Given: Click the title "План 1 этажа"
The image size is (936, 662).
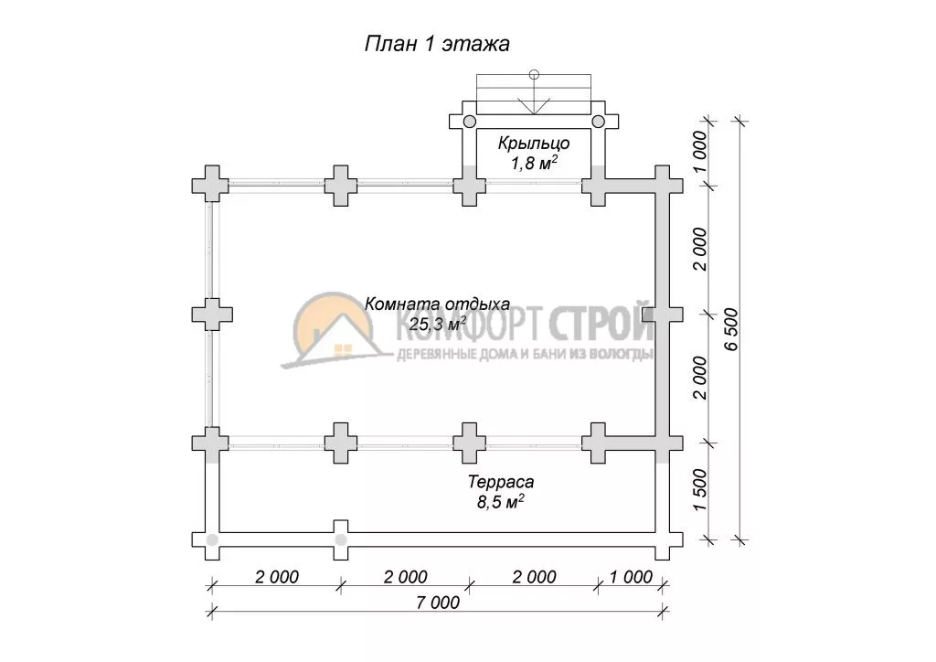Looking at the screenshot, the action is [437, 44].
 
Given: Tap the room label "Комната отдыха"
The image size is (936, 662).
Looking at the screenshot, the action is [437, 304].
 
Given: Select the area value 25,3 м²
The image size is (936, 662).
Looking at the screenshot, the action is [438, 324].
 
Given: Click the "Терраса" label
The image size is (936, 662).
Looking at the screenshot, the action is [501, 482].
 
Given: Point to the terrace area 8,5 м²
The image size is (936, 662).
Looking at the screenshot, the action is [500, 501].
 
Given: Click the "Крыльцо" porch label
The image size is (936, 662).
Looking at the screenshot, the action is [534, 144].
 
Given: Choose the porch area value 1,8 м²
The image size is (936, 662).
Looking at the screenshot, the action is [534, 163].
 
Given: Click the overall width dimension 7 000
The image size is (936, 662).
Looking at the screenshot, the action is [438, 603].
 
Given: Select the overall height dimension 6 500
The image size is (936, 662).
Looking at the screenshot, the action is [732, 329].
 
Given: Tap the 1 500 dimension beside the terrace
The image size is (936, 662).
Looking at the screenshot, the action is [700, 490].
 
